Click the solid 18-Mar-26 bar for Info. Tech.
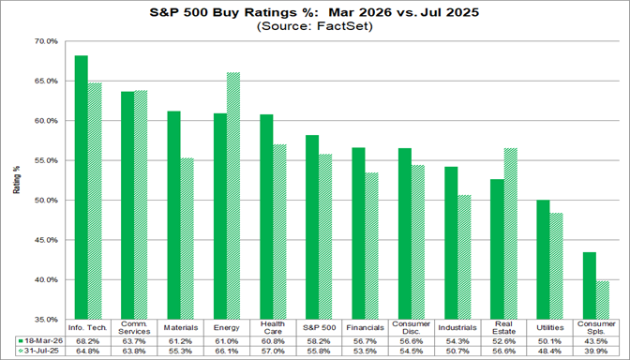tap(82, 187)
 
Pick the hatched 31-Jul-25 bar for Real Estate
tap(511, 233)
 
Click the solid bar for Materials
tap(173, 216)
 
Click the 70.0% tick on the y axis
tap(46, 42)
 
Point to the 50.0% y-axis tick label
tap(46, 201)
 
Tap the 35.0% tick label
tap(46, 320)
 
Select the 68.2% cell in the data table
tap(87, 340)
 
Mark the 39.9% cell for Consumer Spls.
tap(596, 351)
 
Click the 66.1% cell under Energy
tap(226, 351)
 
